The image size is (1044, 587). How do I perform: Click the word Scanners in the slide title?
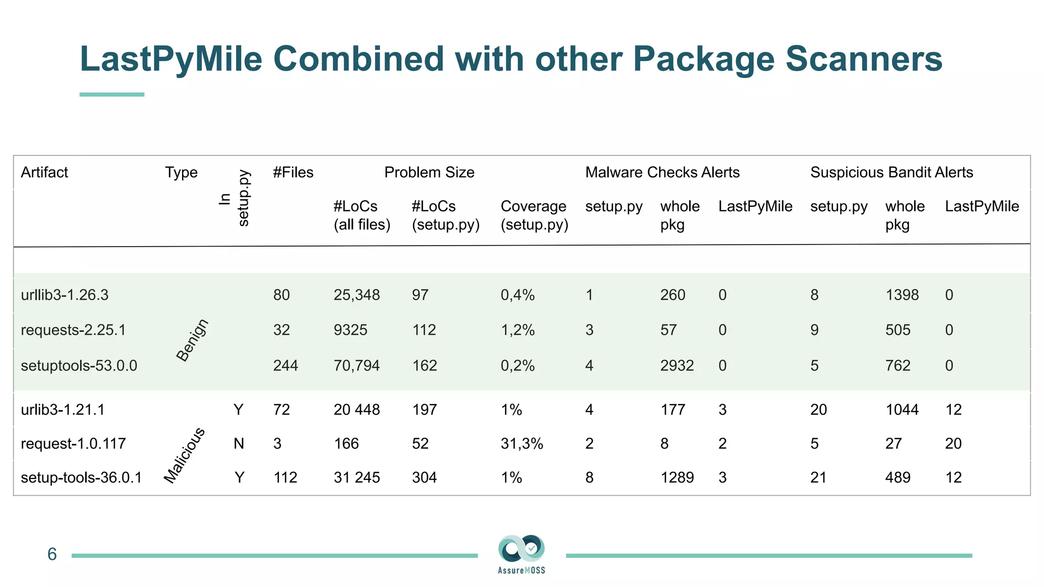click(x=864, y=59)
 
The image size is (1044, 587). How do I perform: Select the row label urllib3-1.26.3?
click(x=65, y=295)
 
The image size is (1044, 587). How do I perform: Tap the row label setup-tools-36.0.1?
click(x=81, y=477)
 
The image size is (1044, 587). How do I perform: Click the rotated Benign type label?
click(x=192, y=340)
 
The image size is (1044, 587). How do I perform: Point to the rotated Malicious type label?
click(x=185, y=455)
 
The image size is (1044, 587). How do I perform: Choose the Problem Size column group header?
click(x=429, y=172)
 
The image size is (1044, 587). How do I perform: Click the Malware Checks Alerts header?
click(x=662, y=172)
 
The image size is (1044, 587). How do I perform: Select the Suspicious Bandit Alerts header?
click(x=892, y=172)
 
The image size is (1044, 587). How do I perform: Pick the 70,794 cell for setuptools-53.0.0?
click(x=356, y=365)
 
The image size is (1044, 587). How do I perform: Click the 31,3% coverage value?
click(x=521, y=443)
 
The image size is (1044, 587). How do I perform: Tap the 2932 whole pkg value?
click(x=677, y=365)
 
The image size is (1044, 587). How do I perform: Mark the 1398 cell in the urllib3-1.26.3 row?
click(x=902, y=295)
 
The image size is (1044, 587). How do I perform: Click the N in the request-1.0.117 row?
click(x=239, y=443)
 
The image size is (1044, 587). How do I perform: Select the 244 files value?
click(x=285, y=365)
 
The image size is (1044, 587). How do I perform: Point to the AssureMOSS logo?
click(x=521, y=554)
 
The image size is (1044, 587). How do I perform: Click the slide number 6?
click(x=52, y=554)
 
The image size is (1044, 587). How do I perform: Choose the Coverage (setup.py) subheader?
click(x=534, y=215)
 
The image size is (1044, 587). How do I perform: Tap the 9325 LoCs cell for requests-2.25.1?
click(x=350, y=330)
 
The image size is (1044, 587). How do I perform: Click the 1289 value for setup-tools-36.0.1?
click(x=677, y=477)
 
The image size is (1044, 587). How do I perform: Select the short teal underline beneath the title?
click(x=112, y=94)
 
